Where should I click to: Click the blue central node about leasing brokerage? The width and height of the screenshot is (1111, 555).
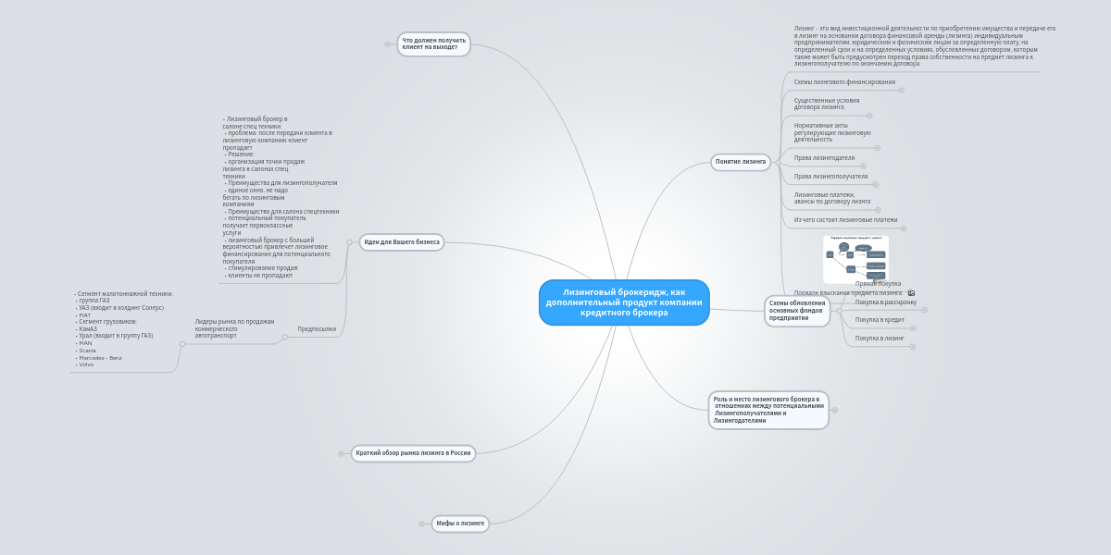click(624, 302)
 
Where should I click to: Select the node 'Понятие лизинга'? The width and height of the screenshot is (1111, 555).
click(741, 162)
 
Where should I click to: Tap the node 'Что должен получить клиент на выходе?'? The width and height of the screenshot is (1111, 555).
click(433, 43)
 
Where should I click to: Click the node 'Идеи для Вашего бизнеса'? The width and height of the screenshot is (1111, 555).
click(402, 242)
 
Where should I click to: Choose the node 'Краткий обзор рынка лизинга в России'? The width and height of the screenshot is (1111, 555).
click(413, 453)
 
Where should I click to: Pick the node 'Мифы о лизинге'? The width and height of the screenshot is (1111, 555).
click(460, 524)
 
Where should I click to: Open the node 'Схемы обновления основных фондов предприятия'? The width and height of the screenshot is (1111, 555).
click(796, 311)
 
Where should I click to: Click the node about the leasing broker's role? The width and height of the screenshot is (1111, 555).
click(768, 410)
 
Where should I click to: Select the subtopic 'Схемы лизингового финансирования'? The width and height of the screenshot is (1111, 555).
click(844, 82)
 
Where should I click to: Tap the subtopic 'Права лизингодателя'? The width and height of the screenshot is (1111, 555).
click(824, 158)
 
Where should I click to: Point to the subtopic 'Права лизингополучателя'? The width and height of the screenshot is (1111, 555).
click(830, 177)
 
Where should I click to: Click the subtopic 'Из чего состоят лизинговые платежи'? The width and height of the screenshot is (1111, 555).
click(845, 220)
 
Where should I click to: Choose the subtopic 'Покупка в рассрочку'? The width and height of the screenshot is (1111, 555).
click(885, 302)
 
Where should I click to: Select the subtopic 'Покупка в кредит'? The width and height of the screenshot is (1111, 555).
click(880, 320)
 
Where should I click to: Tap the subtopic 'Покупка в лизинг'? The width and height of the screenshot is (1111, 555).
click(880, 339)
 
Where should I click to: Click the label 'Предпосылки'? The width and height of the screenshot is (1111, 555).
click(317, 329)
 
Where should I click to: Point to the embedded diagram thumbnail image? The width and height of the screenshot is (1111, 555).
click(855, 258)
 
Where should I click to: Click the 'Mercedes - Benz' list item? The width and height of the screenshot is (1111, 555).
click(100, 358)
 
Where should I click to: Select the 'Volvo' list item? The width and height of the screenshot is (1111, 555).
click(86, 364)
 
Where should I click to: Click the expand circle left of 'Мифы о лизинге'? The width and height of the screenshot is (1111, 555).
click(421, 524)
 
